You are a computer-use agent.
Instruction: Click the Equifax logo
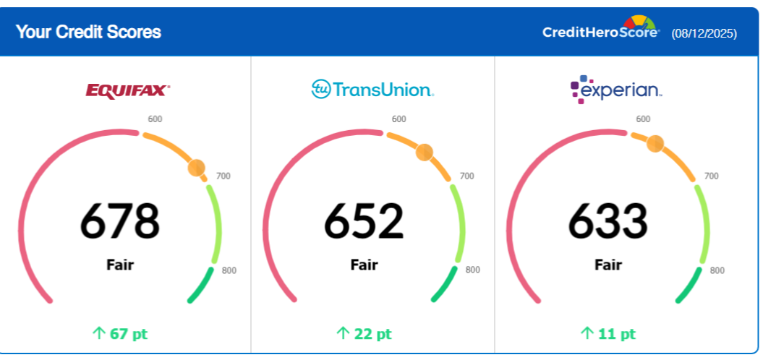[x=127, y=90]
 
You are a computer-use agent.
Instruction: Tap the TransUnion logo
[x=372, y=90]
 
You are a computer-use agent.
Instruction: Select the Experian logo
[x=615, y=90]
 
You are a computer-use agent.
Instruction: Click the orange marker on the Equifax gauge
[x=197, y=168]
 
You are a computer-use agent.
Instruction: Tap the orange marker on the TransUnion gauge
[x=425, y=152]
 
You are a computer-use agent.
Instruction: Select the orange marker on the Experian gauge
[x=655, y=143]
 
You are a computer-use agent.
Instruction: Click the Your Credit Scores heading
[x=88, y=32]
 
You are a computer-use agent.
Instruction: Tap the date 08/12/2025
[x=704, y=33]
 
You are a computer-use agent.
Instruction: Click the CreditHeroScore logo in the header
[x=601, y=31]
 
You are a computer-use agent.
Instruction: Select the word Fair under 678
[x=120, y=265]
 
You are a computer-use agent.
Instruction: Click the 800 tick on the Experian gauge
[x=717, y=270]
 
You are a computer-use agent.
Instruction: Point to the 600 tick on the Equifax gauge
[x=155, y=119]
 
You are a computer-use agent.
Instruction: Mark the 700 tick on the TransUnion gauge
[x=467, y=176]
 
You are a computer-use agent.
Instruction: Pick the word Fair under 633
[x=608, y=265]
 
